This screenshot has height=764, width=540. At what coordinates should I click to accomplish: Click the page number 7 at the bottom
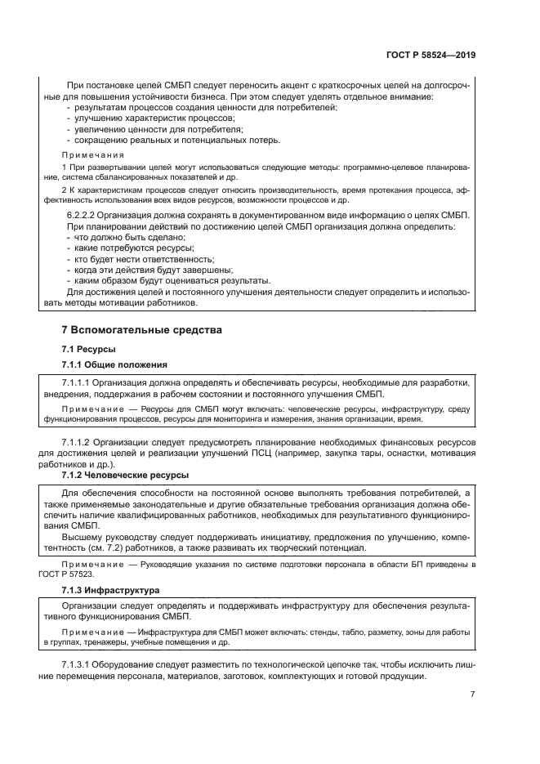click(x=473, y=694)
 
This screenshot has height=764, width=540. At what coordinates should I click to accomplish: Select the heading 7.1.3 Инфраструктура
click(x=112, y=589)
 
